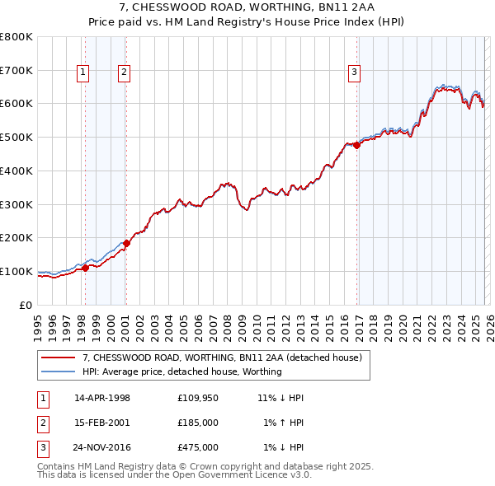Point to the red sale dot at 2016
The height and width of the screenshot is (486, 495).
click(x=357, y=146)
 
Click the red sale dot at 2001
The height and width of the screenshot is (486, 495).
click(x=126, y=243)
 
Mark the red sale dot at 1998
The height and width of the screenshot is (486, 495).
click(x=85, y=268)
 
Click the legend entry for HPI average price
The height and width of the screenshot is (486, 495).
click(x=181, y=372)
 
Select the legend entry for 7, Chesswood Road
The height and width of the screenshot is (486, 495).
click(x=222, y=357)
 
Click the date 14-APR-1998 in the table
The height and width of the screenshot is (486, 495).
click(x=102, y=398)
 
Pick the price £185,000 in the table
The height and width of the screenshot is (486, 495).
click(x=198, y=423)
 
